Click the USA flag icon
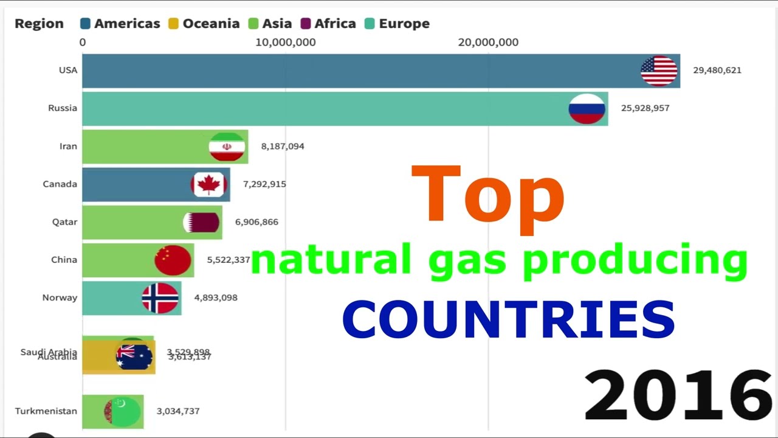tap(659, 71)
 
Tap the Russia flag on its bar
tap(587, 109)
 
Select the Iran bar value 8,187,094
tap(283, 147)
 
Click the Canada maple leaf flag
tap(209, 184)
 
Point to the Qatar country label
tap(64, 222)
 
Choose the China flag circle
tap(173, 260)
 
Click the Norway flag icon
tap(160, 298)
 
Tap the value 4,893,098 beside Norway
tap(216, 298)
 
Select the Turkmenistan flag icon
tap(123, 411)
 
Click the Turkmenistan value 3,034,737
tap(178, 411)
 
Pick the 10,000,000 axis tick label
tap(285, 43)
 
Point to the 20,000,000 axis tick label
tap(488, 43)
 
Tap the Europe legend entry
tap(398, 24)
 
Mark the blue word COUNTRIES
tap(508, 319)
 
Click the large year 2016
tap(678, 395)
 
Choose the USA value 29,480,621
tap(717, 71)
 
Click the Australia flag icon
tap(134, 357)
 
